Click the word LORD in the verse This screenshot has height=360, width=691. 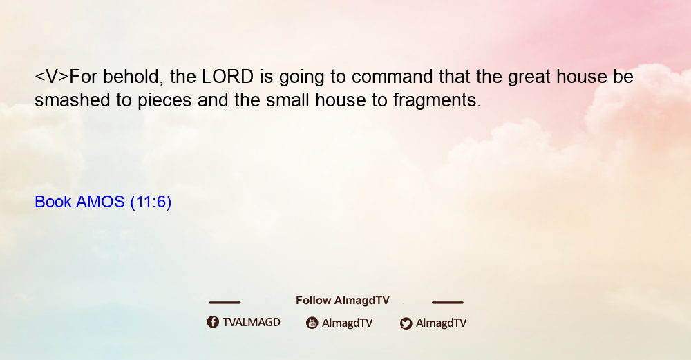click(227, 77)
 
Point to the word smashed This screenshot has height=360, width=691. click(73, 100)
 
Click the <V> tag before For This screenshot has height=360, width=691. click(52, 77)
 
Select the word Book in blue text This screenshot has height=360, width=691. click(53, 202)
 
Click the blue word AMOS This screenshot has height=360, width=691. click(100, 202)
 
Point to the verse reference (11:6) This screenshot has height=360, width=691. click(151, 202)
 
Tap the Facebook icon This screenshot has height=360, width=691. click(213, 322)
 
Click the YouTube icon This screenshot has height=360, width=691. click(312, 323)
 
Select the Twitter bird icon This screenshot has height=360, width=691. click(406, 323)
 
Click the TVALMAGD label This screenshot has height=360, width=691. click(252, 323)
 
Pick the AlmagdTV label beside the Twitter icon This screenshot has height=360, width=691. click(441, 323)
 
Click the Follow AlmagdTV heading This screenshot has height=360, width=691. click(343, 301)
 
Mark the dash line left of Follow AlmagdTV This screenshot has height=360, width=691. click(225, 302)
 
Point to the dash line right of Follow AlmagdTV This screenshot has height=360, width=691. click(447, 302)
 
